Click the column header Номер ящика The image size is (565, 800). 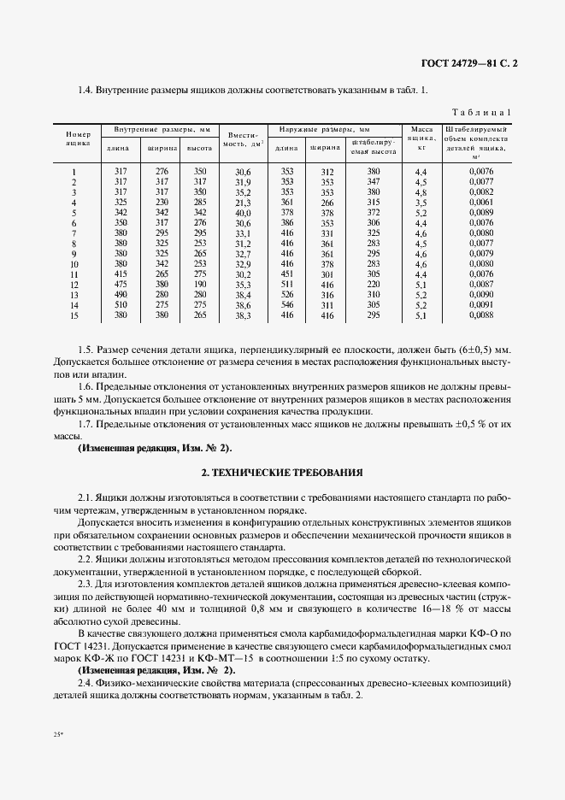pos(78,139)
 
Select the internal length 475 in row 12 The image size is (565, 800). pos(120,285)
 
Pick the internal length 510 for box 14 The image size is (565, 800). pos(120,305)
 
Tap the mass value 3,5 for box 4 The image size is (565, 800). pos(421,203)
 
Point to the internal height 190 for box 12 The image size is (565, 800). pos(200,285)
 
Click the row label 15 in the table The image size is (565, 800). pos(74,315)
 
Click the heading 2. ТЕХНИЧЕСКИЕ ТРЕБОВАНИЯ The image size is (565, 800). pos(282,471)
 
